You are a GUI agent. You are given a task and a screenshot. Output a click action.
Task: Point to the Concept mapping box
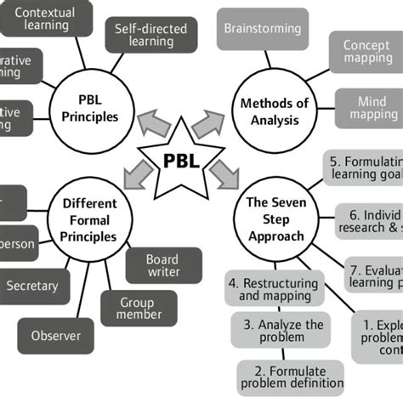click(x=366, y=52)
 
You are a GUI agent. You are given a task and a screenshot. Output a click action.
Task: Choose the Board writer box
click(x=163, y=264)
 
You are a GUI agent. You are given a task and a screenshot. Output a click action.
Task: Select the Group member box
click(x=140, y=307)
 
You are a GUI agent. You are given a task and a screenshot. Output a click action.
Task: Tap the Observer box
click(x=56, y=335)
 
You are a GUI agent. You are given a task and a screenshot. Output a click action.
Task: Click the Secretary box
click(x=32, y=287)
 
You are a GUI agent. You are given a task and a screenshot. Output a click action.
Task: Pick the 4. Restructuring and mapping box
click(x=272, y=289)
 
